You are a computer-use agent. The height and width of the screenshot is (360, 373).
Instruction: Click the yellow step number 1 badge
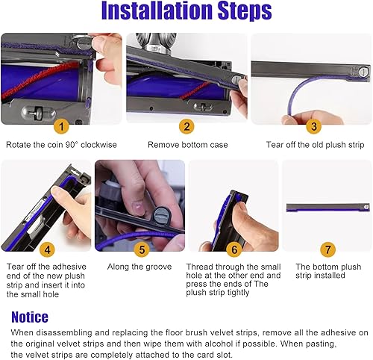click(61, 126)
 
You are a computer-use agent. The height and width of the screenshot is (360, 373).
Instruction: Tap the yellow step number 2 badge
click(186, 126)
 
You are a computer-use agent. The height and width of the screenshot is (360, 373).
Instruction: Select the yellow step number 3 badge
click(314, 126)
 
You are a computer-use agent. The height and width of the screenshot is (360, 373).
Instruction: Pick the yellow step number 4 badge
click(47, 249)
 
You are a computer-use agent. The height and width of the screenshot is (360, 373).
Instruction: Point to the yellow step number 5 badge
click(142, 249)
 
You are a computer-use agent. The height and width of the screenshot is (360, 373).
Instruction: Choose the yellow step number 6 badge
click(234, 249)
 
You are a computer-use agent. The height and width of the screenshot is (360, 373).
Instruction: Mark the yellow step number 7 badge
click(327, 249)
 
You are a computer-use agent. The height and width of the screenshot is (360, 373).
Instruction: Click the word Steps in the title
click(245, 11)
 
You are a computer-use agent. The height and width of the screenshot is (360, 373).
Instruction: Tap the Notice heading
click(30, 317)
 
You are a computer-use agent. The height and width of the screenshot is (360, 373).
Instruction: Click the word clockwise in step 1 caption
click(98, 145)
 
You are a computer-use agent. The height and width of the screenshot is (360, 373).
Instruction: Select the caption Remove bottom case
click(188, 145)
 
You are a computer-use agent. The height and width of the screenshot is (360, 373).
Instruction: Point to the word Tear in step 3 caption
click(274, 145)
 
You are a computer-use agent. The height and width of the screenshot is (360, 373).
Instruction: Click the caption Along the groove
click(140, 267)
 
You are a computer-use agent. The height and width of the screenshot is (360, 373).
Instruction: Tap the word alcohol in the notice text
click(219, 344)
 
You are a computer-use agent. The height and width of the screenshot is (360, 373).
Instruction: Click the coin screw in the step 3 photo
click(363, 72)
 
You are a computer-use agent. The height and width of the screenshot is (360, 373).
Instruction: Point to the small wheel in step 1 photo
click(38, 112)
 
